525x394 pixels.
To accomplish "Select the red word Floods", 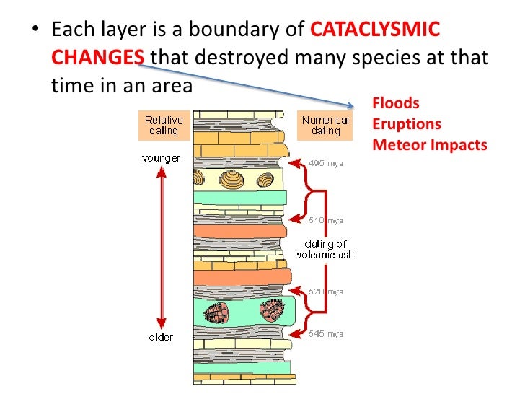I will pyautogui.click(x=395, y=104).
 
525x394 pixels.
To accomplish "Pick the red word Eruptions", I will pyautogui.click(x=406, y=124).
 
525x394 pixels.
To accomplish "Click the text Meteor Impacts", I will pyautogui.click(x=430, y=145).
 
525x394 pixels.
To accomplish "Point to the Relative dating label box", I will pyautogui.click(x=164, y=126).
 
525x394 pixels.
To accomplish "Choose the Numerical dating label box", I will pyautogui.click(x=325, y=126).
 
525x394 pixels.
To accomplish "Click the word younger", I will pyautogui.click(x=162, y=158).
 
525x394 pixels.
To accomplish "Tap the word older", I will pyautogui.click(x=161, y=337).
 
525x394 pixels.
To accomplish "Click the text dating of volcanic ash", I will pyautogui.click(x=325, y=249).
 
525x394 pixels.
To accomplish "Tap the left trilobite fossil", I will pyautogui.click(x=216, y=313).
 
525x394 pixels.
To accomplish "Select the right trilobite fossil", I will pyautogui.click(x=273, y=310).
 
